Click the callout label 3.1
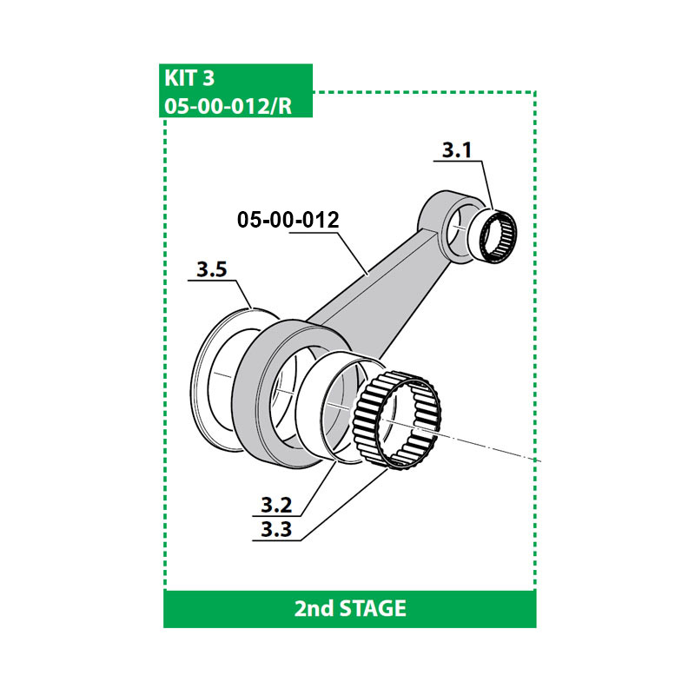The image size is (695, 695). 457,150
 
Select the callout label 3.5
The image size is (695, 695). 211,269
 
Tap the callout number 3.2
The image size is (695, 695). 276,506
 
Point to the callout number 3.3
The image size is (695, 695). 276,529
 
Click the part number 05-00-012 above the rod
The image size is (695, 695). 288,220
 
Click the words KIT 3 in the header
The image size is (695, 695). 189,78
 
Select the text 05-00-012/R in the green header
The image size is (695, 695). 228,106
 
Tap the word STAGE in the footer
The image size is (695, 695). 373,609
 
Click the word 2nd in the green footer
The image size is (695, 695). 314,609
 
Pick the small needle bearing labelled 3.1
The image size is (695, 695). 493,235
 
